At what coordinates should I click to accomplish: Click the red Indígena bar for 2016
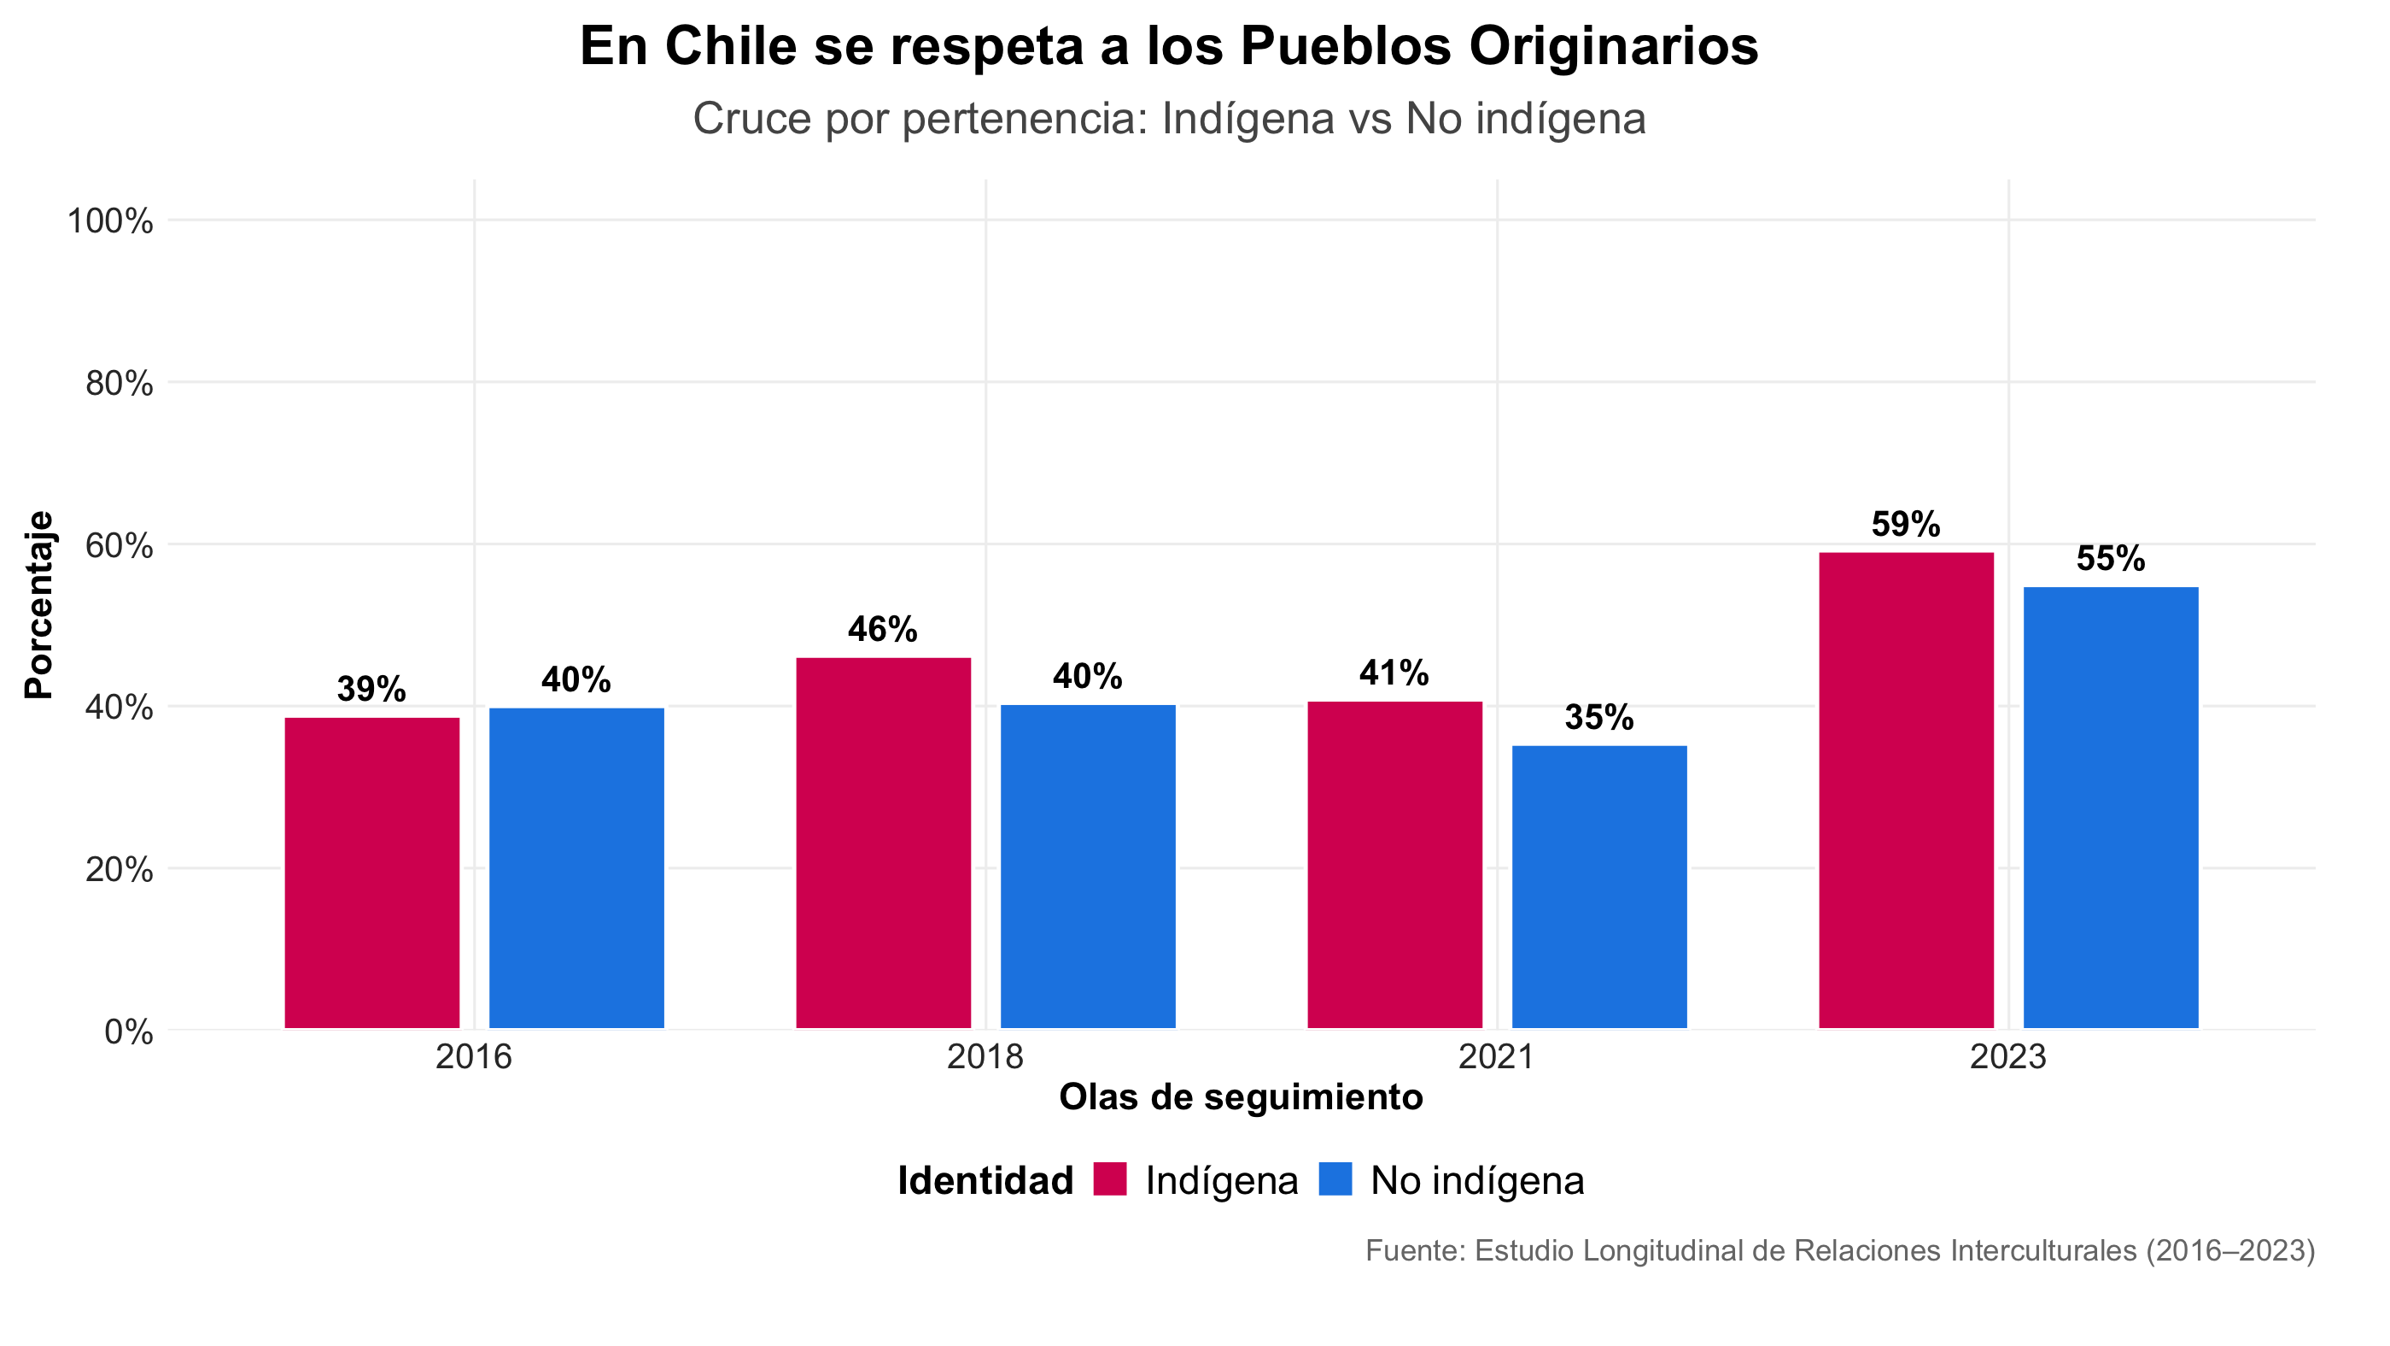[372, 873]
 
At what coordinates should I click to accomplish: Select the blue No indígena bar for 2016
[576, 868]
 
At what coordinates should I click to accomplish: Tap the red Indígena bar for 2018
[883, 843]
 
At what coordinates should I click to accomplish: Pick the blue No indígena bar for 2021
[1598, 886]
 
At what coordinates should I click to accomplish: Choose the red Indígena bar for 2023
[1906, 790]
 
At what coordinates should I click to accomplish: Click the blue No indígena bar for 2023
[2111, 808]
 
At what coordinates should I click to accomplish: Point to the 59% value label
[1906, 526]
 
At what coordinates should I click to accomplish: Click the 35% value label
[1598, 718]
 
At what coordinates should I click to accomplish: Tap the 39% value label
[371, 690]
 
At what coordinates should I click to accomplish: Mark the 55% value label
[2111, 559]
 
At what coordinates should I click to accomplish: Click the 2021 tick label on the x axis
[1497, 1056]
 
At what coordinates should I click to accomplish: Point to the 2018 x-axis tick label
[985, 1056]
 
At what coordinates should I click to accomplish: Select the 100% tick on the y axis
[109, 222]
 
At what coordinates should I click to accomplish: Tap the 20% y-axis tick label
[119, 870]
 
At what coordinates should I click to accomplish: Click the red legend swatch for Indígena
[1110, 1178]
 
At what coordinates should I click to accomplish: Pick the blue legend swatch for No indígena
[1335, 1178]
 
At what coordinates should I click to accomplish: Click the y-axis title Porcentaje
[39, 604]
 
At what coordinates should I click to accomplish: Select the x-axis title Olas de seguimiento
[1241, 1097]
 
